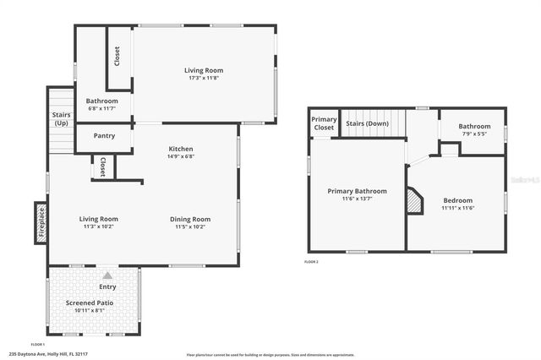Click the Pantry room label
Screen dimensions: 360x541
[105, 135]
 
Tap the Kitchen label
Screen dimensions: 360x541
[180, 149]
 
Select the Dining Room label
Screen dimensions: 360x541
[190, 219]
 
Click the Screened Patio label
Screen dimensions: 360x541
[89, 303]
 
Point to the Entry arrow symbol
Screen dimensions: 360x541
[107, 275]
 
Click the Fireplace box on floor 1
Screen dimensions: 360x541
[40, 223]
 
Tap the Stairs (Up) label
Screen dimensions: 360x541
[61, 119]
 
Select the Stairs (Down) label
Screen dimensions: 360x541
[367, 123]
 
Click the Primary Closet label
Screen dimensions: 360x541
[324, 123]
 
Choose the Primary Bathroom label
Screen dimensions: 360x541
[358, 191]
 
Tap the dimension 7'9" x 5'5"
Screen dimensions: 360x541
[474, 134]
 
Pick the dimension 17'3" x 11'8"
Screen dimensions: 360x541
[203, 78]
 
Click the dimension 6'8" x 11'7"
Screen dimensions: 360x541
[101, 108]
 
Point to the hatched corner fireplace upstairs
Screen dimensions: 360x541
[414, 201]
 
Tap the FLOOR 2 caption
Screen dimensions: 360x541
[311, 261]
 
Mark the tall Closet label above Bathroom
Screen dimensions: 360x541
[117, 56]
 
